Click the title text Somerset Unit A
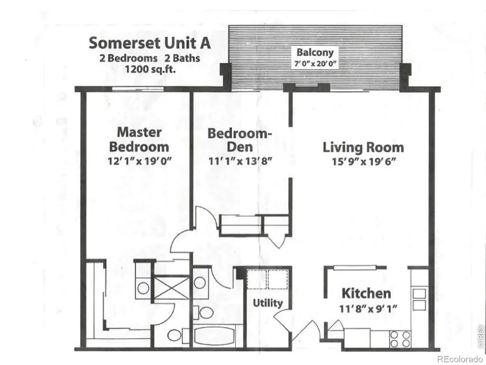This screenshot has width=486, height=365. point(150,43)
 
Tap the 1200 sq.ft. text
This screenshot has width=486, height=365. point(150,69)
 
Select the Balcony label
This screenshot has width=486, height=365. point(315,53)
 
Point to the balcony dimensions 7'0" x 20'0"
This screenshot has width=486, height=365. point(315,64)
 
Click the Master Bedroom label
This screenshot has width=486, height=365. point(139,139)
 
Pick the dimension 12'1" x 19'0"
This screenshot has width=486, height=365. point(139,161)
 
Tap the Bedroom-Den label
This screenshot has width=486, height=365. point(240,140)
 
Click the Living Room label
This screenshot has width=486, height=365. point(363,147)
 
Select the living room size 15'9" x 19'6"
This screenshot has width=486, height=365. point(364,162)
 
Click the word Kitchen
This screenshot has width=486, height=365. point(366,293)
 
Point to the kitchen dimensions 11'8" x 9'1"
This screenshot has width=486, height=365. point(368,309)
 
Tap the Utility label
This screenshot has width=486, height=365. point(268,303)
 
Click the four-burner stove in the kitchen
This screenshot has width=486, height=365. point(400,339)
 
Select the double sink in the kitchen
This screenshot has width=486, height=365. point(419,299)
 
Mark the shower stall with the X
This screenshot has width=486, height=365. point(172,288)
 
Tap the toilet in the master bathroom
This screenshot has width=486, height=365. point(177,335)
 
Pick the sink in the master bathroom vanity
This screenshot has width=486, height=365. point(143,288)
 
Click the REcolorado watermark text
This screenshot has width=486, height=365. point(460,360)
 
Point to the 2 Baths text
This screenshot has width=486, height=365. point(182,58)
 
